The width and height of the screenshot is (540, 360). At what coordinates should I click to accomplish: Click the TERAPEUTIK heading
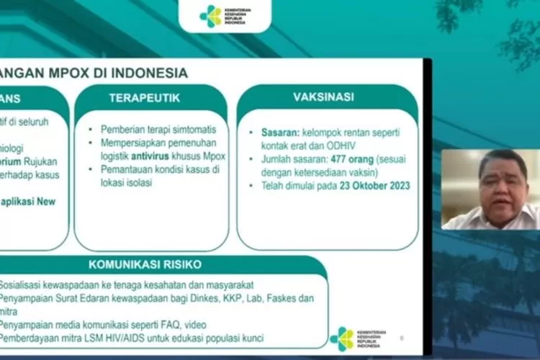tap(145, 98)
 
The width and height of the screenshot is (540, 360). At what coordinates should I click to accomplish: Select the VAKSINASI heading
tap(323, 97)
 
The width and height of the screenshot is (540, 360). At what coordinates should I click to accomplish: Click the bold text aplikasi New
tap(29, 202)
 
